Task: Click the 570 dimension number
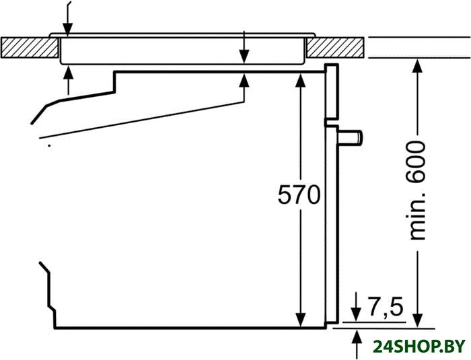click(298, 196)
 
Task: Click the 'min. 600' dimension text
click(418, 190)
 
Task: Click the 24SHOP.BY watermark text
click(418, 347)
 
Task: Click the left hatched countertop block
click(29, 48)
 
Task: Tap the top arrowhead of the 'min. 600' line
click(418, 65)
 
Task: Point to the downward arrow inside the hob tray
click(244, 57)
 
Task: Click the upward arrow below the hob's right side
click(244, 81)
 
